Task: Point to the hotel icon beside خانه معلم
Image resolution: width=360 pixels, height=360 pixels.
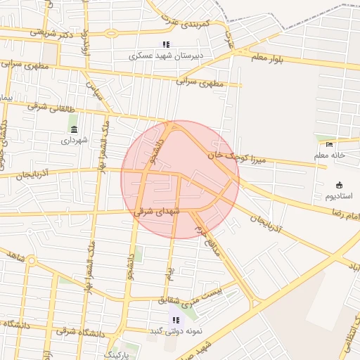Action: (330, 146)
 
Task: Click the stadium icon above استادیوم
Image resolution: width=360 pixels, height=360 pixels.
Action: (339, 185)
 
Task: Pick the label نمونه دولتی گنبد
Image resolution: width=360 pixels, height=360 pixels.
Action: (166, 330)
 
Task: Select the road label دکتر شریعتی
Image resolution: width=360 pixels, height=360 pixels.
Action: (53, 32)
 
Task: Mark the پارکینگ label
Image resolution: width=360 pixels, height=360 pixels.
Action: (117, 354)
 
